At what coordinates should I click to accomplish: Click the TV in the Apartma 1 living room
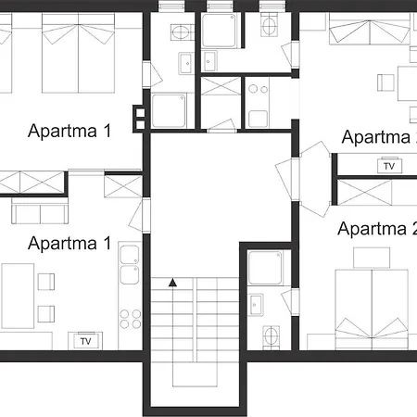click(85, 341)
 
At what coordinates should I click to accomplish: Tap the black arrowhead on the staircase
click(172, 283)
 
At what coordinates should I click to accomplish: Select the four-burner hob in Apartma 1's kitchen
click(131, 319)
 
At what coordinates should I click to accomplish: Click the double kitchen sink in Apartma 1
click(130, 265)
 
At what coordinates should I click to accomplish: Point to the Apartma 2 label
click(377, 229)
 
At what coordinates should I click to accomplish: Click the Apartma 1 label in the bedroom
click(69, 131)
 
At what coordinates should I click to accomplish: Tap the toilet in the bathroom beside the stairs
click(272, 335)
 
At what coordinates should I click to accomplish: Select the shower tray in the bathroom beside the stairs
click(265, 268)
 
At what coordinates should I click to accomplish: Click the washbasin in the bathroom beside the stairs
click(256, 305)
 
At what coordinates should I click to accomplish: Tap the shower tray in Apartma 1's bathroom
click(169, 110)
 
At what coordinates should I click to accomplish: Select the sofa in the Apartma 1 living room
click(40, 210)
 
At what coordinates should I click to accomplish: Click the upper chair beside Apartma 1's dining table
click(46, 282)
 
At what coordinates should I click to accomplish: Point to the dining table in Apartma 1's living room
click(18, 296)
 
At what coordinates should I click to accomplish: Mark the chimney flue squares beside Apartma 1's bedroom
click(139, 119)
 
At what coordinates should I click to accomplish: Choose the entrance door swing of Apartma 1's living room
click(138, 216)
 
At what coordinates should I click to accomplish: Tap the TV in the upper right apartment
click(389, 166)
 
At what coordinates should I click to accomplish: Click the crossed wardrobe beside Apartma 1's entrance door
click(123, 186)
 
